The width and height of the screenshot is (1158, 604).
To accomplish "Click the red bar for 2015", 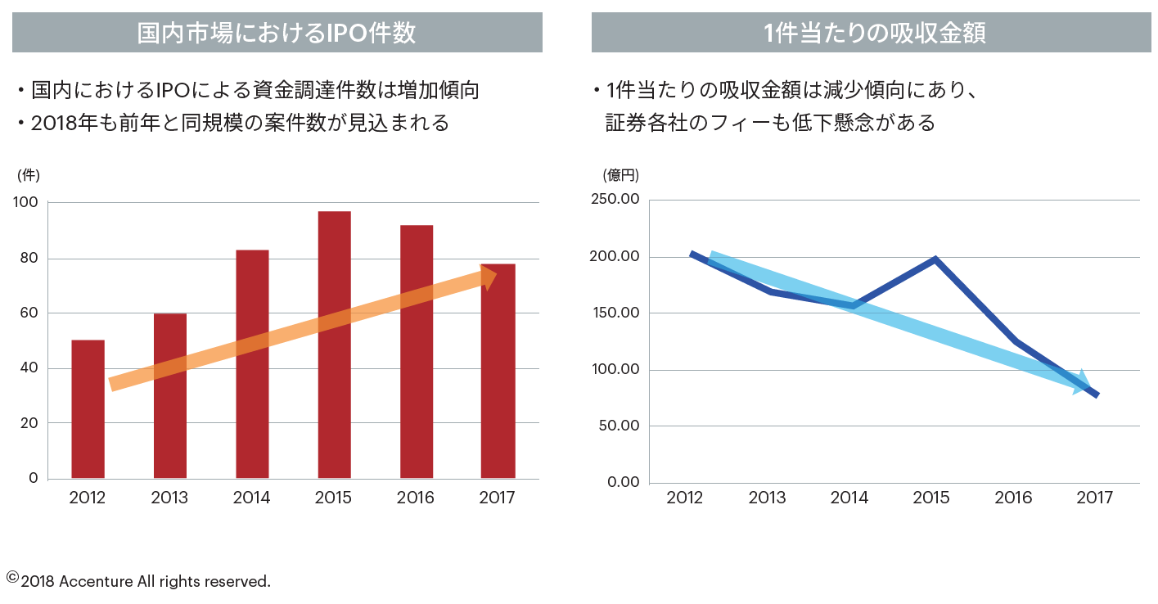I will (x=334, y=344).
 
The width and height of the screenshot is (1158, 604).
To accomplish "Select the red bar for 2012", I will (x=88, y=408).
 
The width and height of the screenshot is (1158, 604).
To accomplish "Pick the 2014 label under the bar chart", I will (x=251, y=498).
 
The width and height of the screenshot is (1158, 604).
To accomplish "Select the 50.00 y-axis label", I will (x=618, y=426).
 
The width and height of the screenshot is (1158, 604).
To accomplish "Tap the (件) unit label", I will (x=28, y=174).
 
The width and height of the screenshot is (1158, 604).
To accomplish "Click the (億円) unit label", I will (x=620, y=174).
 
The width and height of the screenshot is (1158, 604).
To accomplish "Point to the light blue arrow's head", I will (x=1082, y=383).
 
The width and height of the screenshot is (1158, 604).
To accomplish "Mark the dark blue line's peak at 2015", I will (x=935, y=260).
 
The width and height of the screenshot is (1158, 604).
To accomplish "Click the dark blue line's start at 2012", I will (x=692, y=255).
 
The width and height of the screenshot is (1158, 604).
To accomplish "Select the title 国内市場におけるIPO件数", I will (x=277, y=33).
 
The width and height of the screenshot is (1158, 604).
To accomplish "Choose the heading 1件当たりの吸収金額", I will (x=874, y=33).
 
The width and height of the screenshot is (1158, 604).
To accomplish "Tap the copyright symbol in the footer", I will (x=12, y=578).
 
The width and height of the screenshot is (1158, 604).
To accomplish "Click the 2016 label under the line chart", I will (x=1013, y=498).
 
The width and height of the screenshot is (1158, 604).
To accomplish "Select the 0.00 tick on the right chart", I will (x=623, y=481).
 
